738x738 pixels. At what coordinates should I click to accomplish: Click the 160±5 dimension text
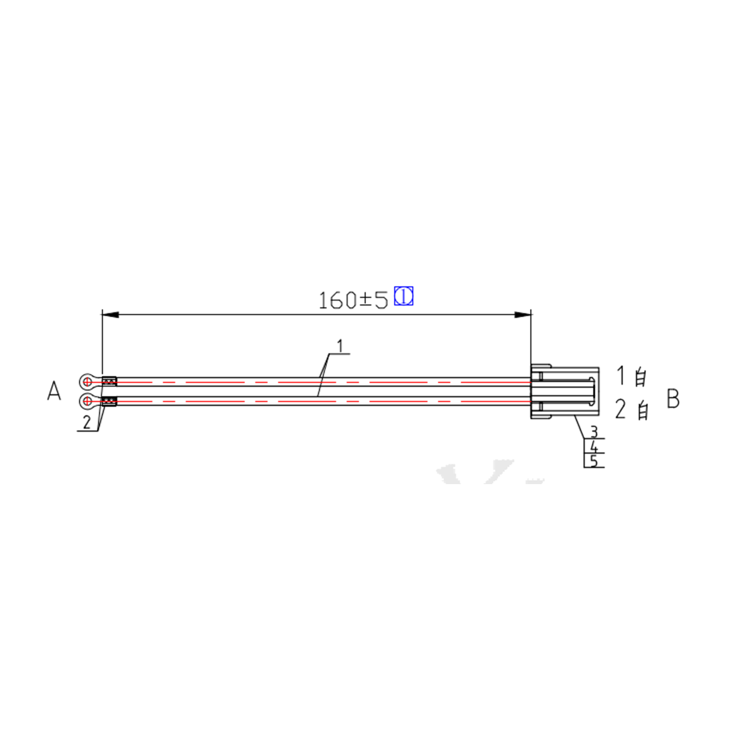(353, 300)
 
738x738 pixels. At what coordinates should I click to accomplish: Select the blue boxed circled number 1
(403, 296)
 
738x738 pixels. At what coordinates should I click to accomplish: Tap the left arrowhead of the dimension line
(110, 315)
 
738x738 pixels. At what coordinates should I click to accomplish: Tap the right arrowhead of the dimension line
(523, 315)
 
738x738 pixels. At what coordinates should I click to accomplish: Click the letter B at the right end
(673, 399)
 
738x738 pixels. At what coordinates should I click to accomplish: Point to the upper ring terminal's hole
(87, 381)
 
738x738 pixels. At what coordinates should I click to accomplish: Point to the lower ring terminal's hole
(87, 401)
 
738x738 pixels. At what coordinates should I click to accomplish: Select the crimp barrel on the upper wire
(109, 381)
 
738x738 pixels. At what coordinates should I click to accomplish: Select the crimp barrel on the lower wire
(109, 401)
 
